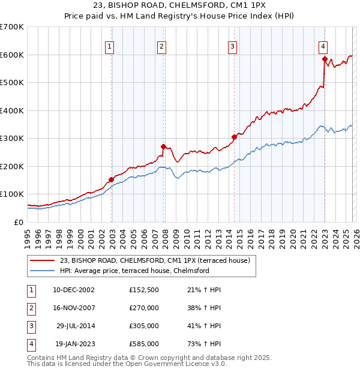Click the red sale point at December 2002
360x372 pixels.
tap(112, 179)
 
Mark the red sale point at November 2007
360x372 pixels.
tap(163, 146)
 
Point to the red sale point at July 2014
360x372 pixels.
tap(234, 137)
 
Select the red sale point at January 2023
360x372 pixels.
tap(325, 59)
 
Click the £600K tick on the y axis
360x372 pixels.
tap(12, 55)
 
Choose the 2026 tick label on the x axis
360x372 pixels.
tap(355, 238)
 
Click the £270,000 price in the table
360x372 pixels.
tap(144, 308)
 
